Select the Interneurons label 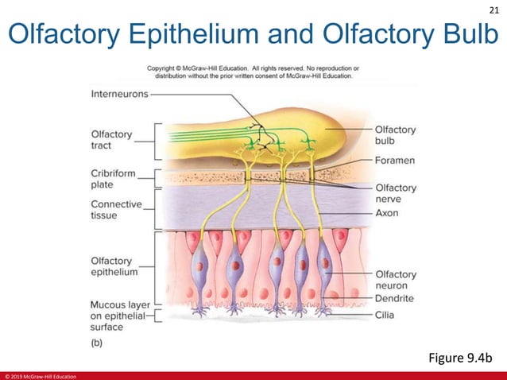pyautogui.click(x=119, y=93)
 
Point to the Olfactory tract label pyautogui.click(x=112, y=140)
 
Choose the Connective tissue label pyautogui.click(x=116, y=210)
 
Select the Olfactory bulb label pyautogui.click(x=395, y=135)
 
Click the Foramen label pyautogui.click(x=397, y=159)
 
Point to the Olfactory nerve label pyautogui.click(x=395, y=193)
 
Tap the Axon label pyautogui.click(x=387, y=213)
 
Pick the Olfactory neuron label pyautogui.click(x=395, y=280)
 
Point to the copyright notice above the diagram pyautogui.click(x=253, y=72)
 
